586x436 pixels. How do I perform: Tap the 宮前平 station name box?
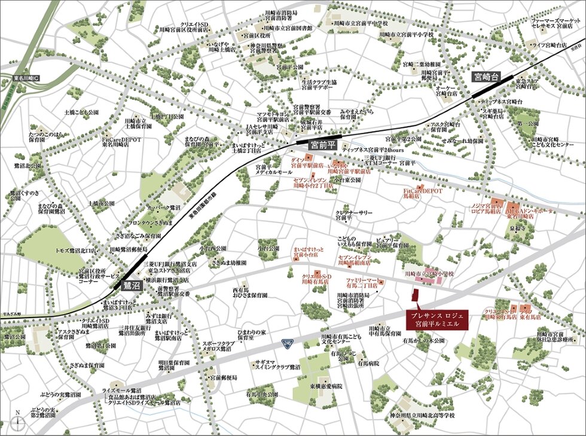coord(323,145)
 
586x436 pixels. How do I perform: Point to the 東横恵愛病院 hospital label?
coord(325,387)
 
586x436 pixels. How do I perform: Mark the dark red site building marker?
coord(414,296)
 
